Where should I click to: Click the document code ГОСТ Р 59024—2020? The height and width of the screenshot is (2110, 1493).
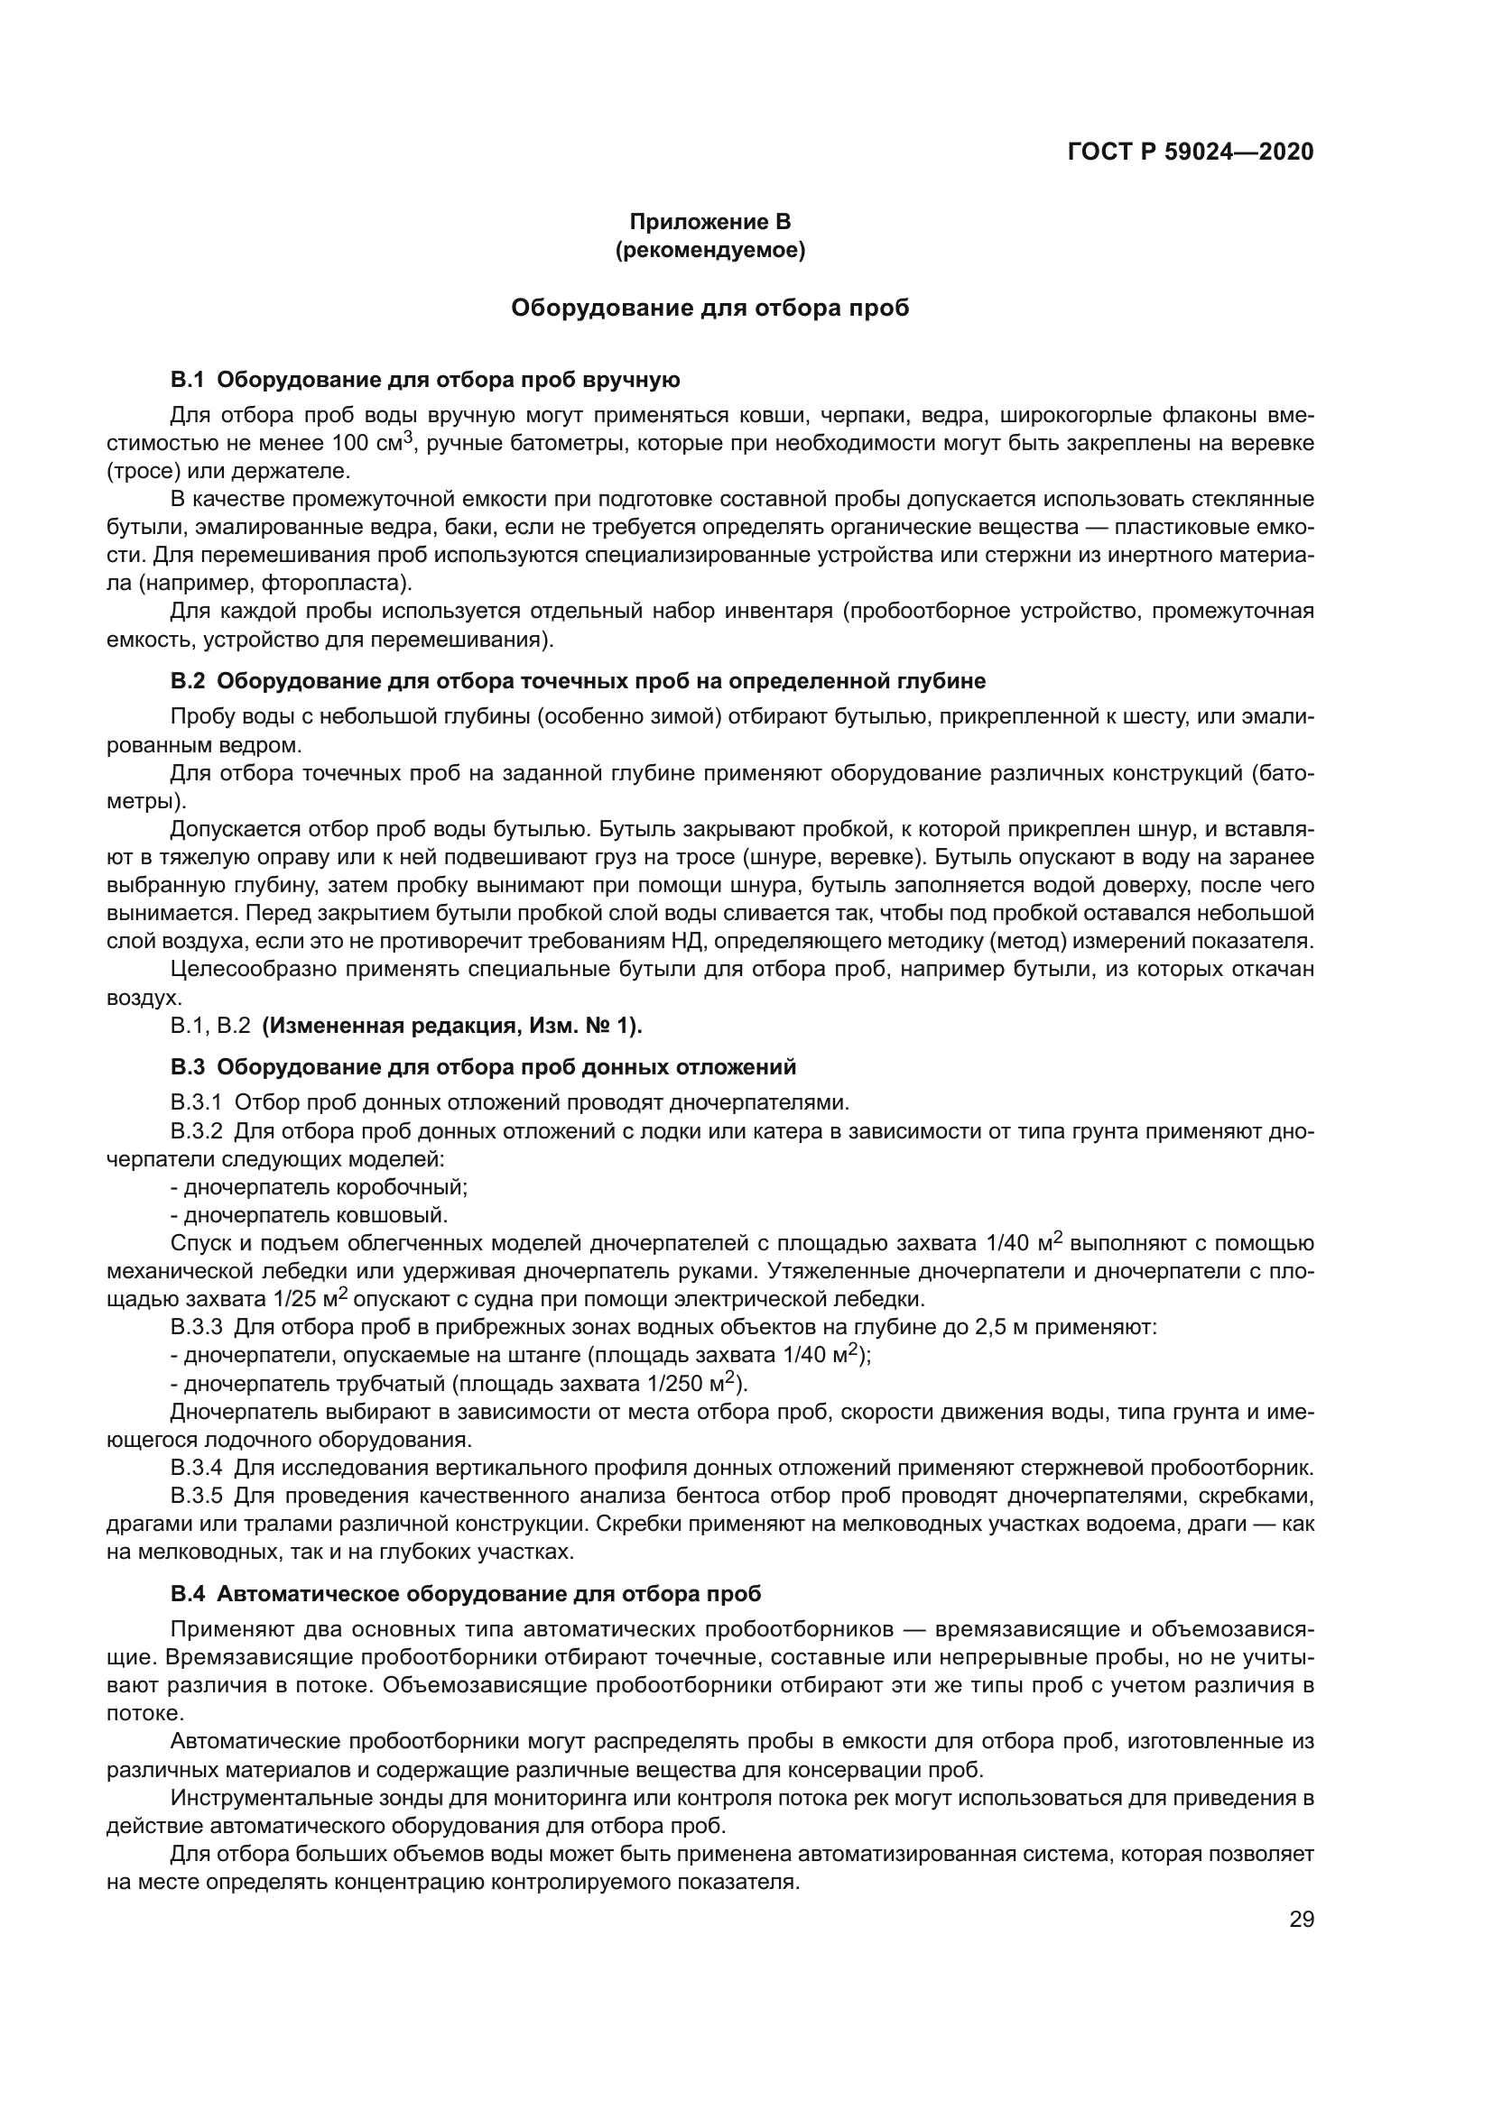pos(1190,152)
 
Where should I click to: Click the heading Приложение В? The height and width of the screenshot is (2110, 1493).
pos(709,222)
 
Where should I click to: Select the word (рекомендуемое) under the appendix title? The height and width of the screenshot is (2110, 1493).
pos(709,250)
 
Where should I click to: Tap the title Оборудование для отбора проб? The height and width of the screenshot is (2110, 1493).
pos(709,308)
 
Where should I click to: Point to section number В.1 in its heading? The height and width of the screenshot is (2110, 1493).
pos(188,380)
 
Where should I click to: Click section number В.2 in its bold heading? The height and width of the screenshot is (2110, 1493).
pos(188,681)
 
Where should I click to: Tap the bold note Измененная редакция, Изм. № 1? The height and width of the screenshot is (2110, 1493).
pos(451,1025)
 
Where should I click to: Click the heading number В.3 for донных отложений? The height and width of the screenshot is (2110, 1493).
pos(188,1067)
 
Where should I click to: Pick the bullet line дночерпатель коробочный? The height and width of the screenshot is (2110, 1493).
pos(320,1187)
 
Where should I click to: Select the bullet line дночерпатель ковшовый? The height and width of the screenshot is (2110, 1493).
pos(310,1215)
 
